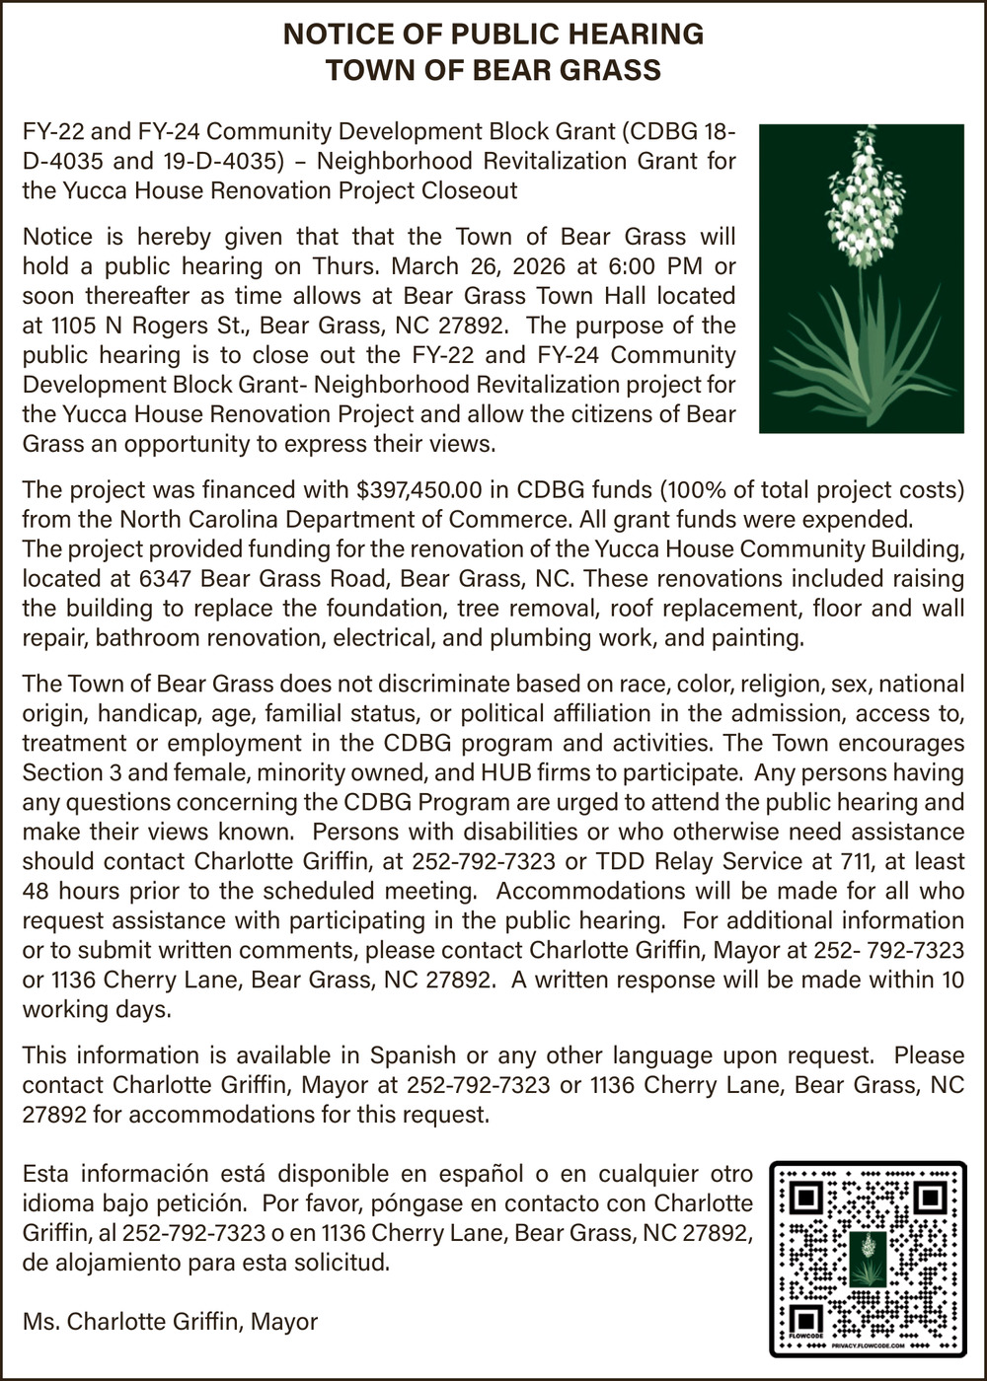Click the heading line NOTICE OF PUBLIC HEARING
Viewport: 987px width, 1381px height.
[493, 35]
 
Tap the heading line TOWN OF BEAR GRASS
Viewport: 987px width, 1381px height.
[493, 71]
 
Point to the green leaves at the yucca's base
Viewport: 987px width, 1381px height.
[859, 365]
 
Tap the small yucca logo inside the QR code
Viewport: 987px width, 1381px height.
[868, 1259]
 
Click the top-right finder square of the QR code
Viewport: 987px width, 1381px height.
[930, 1199]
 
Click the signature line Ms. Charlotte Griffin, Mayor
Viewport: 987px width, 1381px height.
[170, 1322]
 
